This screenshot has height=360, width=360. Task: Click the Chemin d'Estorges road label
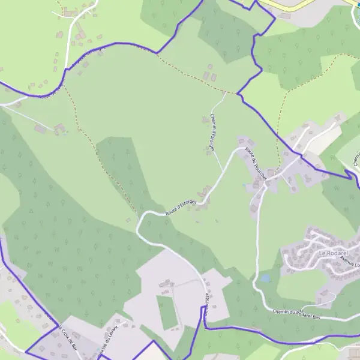(x=212, y=131)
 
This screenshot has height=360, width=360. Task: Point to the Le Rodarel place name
(x=334, y=254)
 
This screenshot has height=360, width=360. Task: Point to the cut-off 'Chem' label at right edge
(x=355, y=158)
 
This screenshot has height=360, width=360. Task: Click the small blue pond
(x=265, y=278)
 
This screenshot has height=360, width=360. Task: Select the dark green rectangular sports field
(x=168, y=312)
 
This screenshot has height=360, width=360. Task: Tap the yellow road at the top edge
(x=288, y=5)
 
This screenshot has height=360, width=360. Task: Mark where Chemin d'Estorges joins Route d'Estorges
(x=224, y=170)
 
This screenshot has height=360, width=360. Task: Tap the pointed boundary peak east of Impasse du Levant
(x=154, y=341)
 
